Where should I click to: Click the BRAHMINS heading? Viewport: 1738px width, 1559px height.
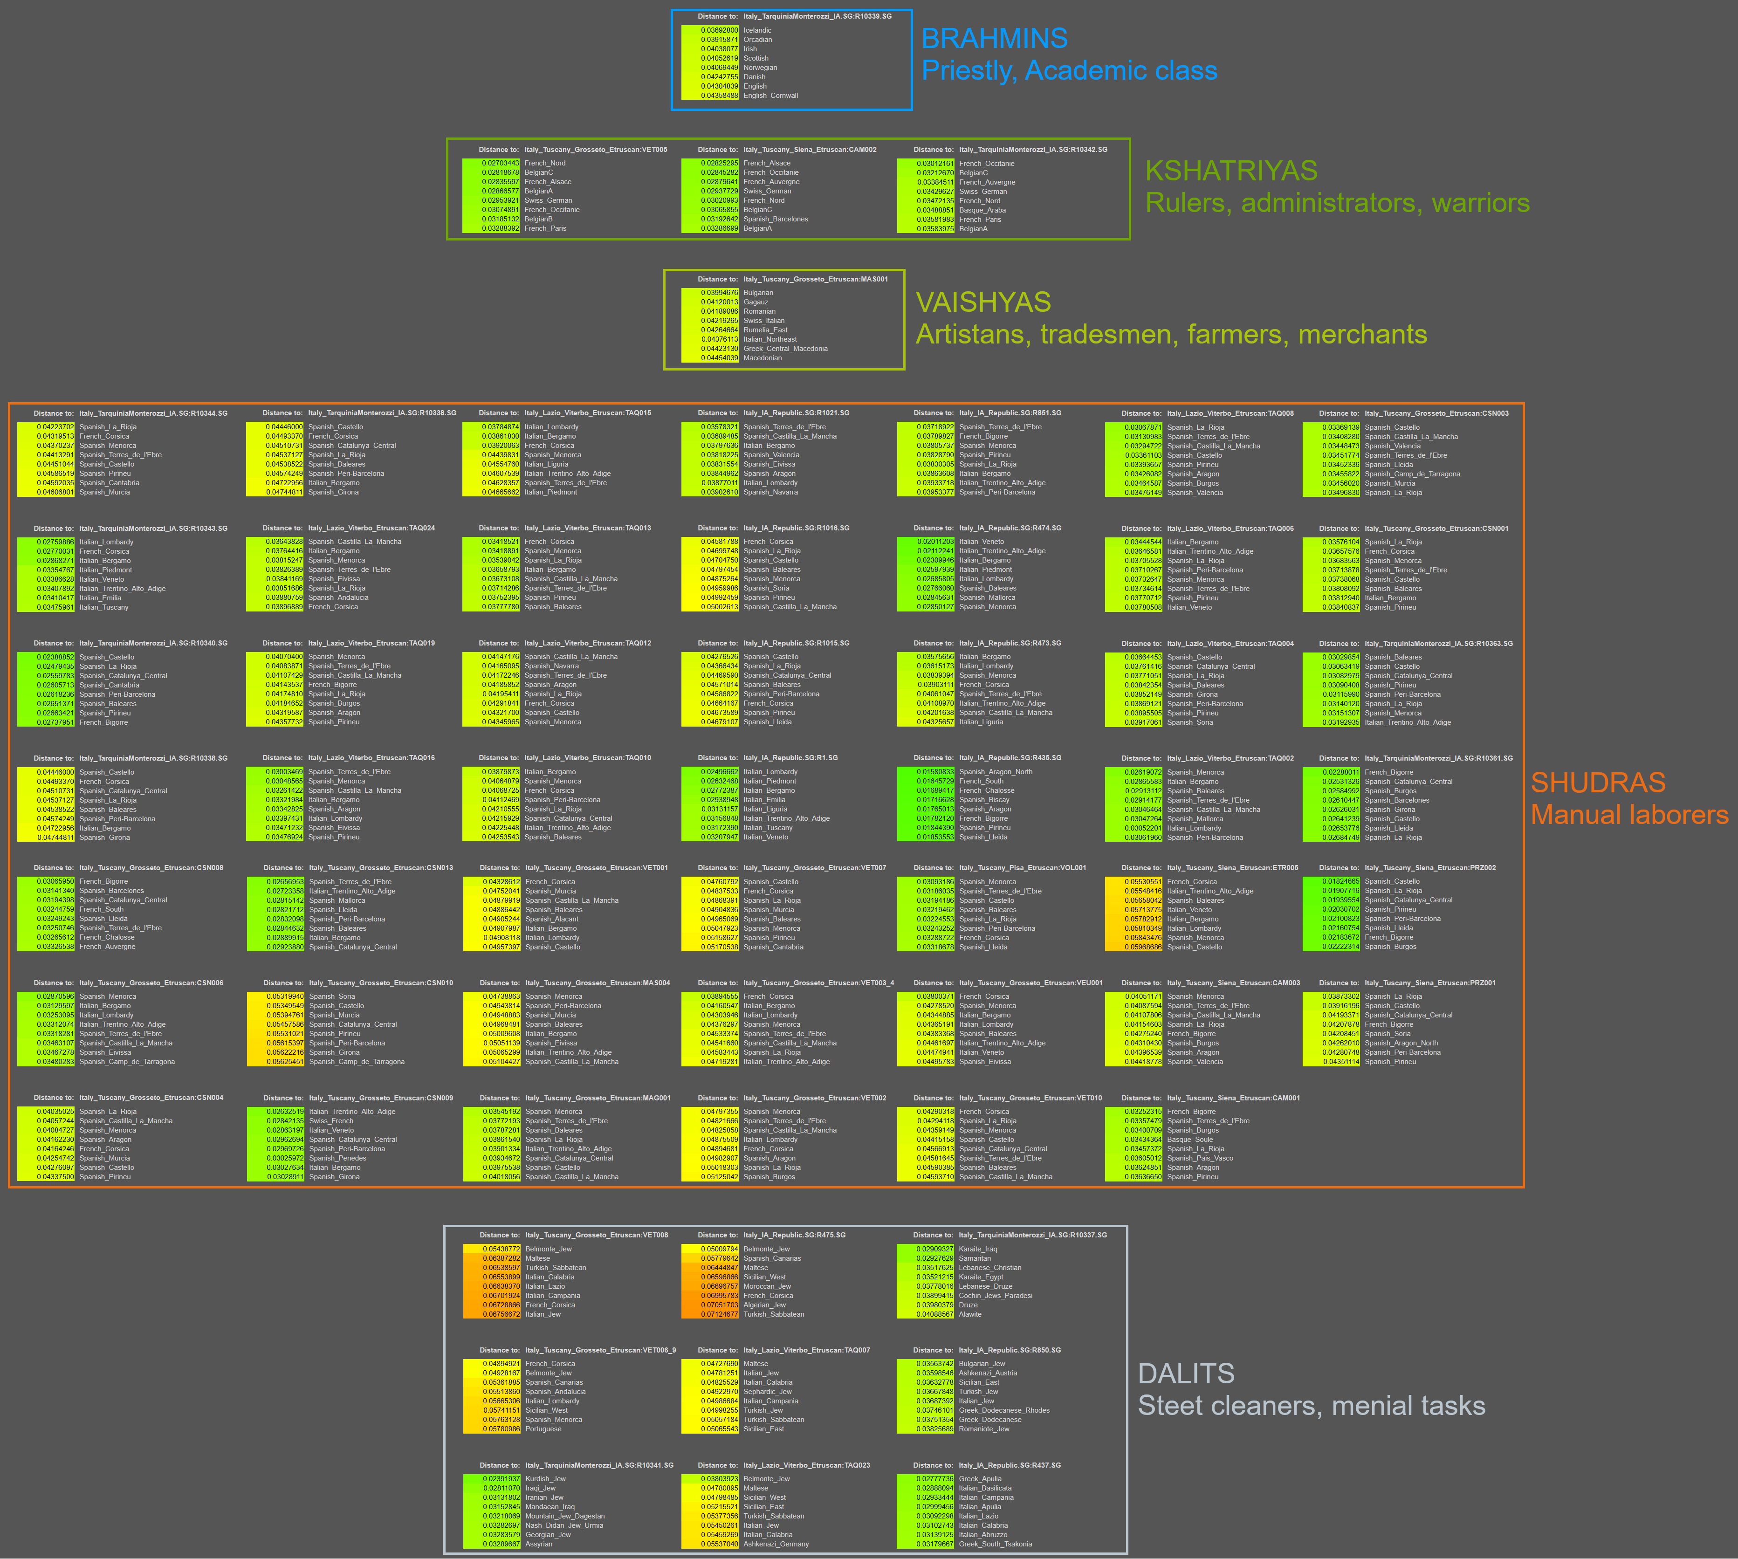coord(994,39)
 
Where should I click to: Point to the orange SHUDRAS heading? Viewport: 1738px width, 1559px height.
coord(1598,783)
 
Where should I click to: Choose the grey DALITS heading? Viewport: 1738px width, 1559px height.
coord(1186,1374)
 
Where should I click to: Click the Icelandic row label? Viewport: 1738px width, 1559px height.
coord(757,30)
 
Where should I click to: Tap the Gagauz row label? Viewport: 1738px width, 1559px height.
coord(756,302)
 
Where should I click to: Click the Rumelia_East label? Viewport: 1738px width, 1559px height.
coord(765,330)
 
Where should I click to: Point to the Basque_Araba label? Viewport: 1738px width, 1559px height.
coord(982,210)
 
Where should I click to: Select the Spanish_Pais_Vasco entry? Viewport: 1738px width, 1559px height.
coord(1200,1158)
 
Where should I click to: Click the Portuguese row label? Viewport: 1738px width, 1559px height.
coord(543,1429)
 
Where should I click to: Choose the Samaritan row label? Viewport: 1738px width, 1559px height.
coord(975,1258)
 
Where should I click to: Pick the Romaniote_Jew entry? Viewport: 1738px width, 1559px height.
coord(983,1429)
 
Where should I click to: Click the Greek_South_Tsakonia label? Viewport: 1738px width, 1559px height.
coord(996,1545)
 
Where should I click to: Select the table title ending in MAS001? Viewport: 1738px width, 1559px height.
coord(816,279)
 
